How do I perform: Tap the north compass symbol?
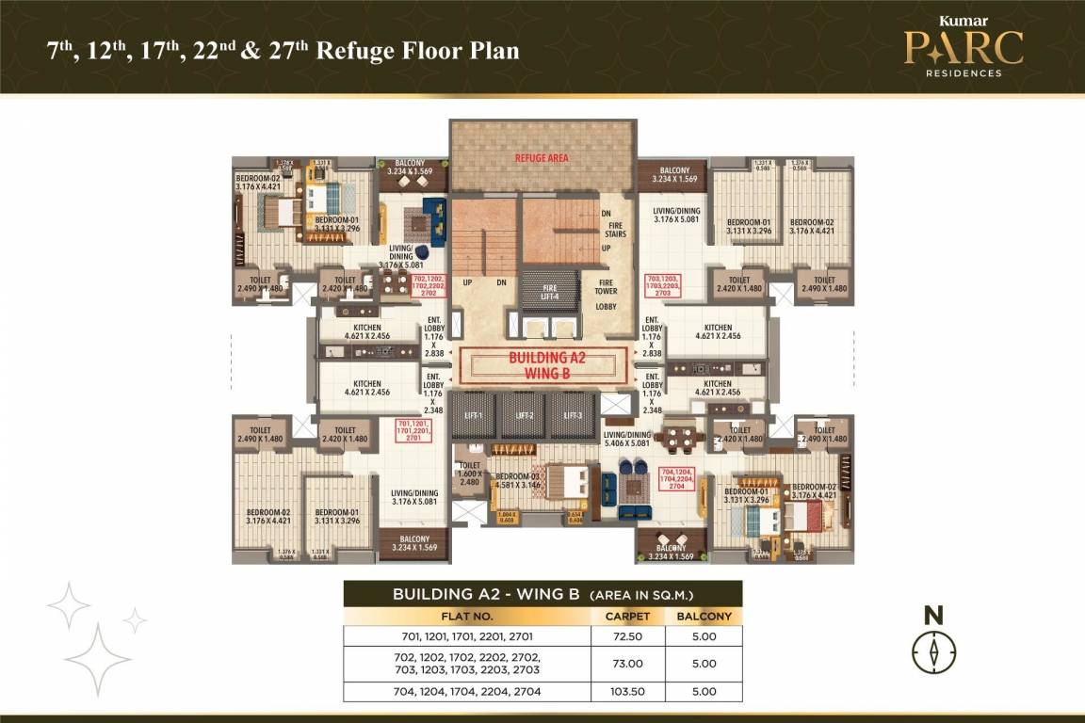pyautogui.click(x=933, y=651)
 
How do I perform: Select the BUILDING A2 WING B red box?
pyautogui.click(x=542, y=365)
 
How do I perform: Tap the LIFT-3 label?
pyautogui.click(x=573, y=415)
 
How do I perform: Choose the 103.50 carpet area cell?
pyautogui.click(x=629, y=692)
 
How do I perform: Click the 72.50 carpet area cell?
pyautogui.click(x=629, y=636)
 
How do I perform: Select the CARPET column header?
pyautogui.click(x=629, y=617)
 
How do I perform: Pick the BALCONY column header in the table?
pyautogui.click(x=704, y=617)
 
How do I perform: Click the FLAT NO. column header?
pyautogui.click(x=468, y=617)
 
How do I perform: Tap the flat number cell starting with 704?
pyautogui.click(x=468, y=692)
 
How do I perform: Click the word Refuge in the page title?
pyautogui.click(x=349, y=50)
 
